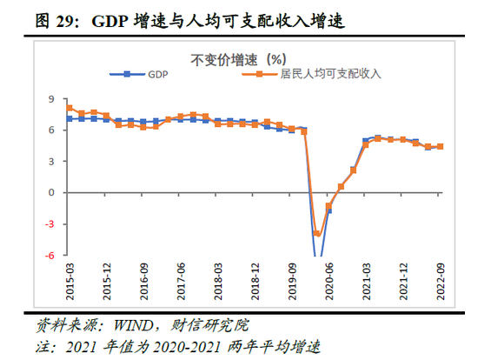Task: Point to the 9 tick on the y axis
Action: pyautogui.click(x=52, y=98)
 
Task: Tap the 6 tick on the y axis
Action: pyautogui.click(x=52, y=130)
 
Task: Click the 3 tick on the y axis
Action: pyautogui.click(x=52, y=161)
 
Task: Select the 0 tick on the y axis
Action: pyautogui.click(x=52, y=192)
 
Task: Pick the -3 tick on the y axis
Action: pyautogui.click(x=50, y=223)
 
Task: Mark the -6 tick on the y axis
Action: pyautogui.click(x=50, y=255)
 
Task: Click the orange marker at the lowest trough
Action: pyautogui.click(x=317, y=233)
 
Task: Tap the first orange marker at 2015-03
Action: pyautogui.click(x=70, y=108)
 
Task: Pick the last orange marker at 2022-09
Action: pyautogui.click(x=441, y=146)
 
